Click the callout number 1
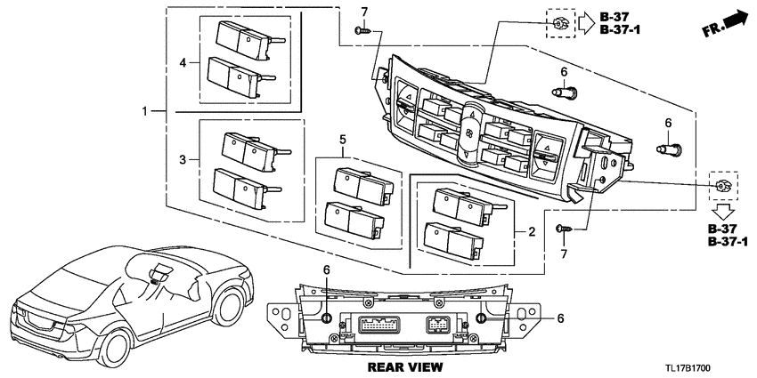[x=145, y=112]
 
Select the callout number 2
[x=532, y=232]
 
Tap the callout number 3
[x=183, y=159]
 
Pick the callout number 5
[x=341, y=140]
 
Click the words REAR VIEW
[x=404, y=366]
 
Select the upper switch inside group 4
[x=241, y=37]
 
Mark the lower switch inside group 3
[x=239, y=187]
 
